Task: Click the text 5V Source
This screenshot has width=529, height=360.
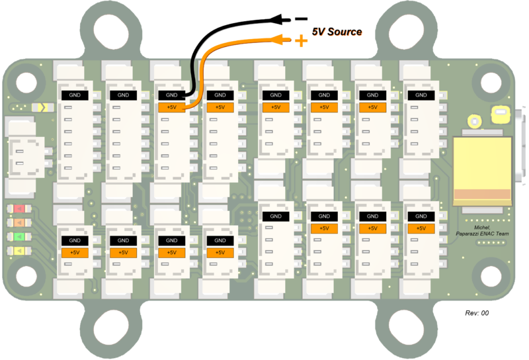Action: [x=337, y=32]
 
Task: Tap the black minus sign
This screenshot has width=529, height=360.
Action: [x=301, y=19]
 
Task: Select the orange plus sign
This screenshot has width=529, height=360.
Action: [x=301, y=41]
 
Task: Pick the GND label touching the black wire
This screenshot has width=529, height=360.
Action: [x=172, y=95]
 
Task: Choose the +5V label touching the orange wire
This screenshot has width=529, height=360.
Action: [x=172, y=107]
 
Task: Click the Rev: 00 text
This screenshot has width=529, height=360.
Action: [x=477, y=313]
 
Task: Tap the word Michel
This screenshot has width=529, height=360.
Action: [x=482, y=228]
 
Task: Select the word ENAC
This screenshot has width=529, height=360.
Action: [x=486, y=234]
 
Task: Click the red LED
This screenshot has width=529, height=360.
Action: [x=19, y=209]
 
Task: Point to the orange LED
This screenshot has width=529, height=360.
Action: [x=19, y=223]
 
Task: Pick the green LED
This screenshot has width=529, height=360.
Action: [x=19, y=236]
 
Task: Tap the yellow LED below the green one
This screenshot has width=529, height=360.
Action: [x=19, y=251]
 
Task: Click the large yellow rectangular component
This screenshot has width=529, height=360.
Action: [x=482, y=171]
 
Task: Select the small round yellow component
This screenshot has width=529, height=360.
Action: [x=474, y=122]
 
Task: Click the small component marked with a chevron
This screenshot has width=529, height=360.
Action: [x=42, y=108]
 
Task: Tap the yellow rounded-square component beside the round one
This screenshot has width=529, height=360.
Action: [x=501, y=114]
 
